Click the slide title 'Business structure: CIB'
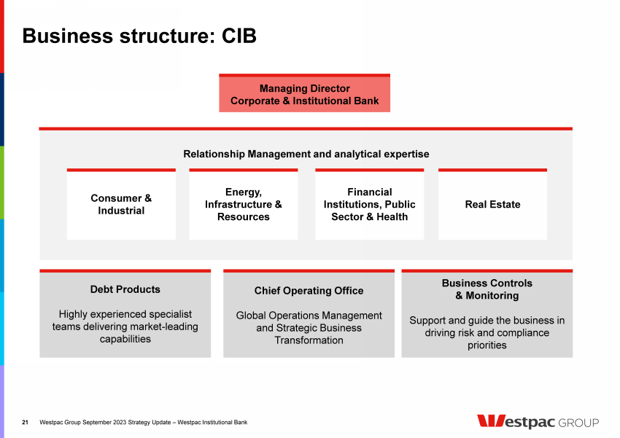pyautogui.click(x=139, y=36)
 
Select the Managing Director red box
pyautogui.click(x=304, y=95)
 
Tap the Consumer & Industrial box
pyautogui.click(x=121, y=205)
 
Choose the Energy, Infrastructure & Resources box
pyautogui.click(x=243, y=205)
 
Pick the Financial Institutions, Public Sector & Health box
pyautogui.click(x=369, y=205)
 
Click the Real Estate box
pyautogui.click(x=492, y=205)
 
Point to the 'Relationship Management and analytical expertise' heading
pyautogui.click(x=306, y=155)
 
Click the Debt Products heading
pyautogui.click(x=125, y=289)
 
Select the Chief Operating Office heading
pyautogui.click(x=309, y=291)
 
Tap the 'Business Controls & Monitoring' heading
pyautogui.click(x=487, y=289)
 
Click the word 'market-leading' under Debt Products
pyautogui.click(x=164, y=326)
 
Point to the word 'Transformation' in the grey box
pyautogui.click(x=309, y=340)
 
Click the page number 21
pyautogui.click(x=26, y=423)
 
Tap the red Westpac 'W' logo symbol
pyautogui.click(x=491, y=421)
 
